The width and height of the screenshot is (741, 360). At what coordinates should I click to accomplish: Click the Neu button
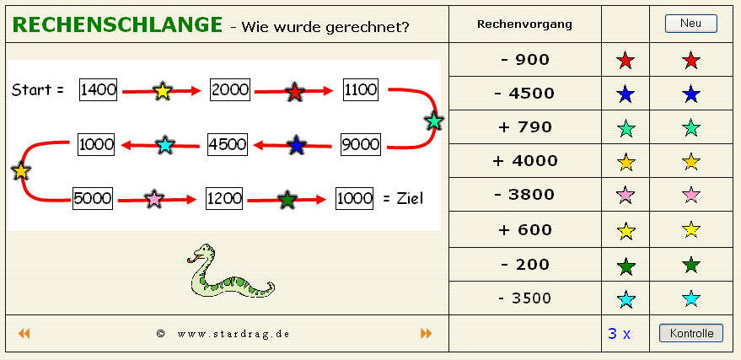click(690, 23)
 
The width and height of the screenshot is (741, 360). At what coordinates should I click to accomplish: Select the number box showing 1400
click(98, 89)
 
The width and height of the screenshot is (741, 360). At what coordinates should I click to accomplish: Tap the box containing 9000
click(360, 144)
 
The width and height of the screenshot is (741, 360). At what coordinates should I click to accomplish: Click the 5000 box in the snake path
click(93, 198)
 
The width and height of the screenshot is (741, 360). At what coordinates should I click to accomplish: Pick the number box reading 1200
click(224, 198)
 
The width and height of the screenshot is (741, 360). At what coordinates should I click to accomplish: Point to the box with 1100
click(361, 89)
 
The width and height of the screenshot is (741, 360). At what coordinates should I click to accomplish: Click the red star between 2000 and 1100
click(295, 92)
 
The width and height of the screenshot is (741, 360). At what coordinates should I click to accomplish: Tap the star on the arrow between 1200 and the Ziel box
click(287, 201)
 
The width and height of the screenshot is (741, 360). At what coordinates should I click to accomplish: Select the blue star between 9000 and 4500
click(296, 145)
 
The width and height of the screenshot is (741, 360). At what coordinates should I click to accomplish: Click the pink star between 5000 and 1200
click(154, 199)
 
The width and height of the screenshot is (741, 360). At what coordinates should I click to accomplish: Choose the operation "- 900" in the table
click(525, 60)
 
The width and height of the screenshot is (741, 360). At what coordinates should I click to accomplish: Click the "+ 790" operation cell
click(525, 127)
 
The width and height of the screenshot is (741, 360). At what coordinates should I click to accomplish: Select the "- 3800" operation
click(525, 195)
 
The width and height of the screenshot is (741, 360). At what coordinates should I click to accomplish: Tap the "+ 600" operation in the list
click(525, 230)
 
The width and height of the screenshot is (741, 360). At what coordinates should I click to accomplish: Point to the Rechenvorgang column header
click(524, 24)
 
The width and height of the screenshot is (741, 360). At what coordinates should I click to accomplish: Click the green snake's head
click(202, 254)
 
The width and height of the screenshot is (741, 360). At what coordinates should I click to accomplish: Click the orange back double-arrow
click(24, 334)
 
